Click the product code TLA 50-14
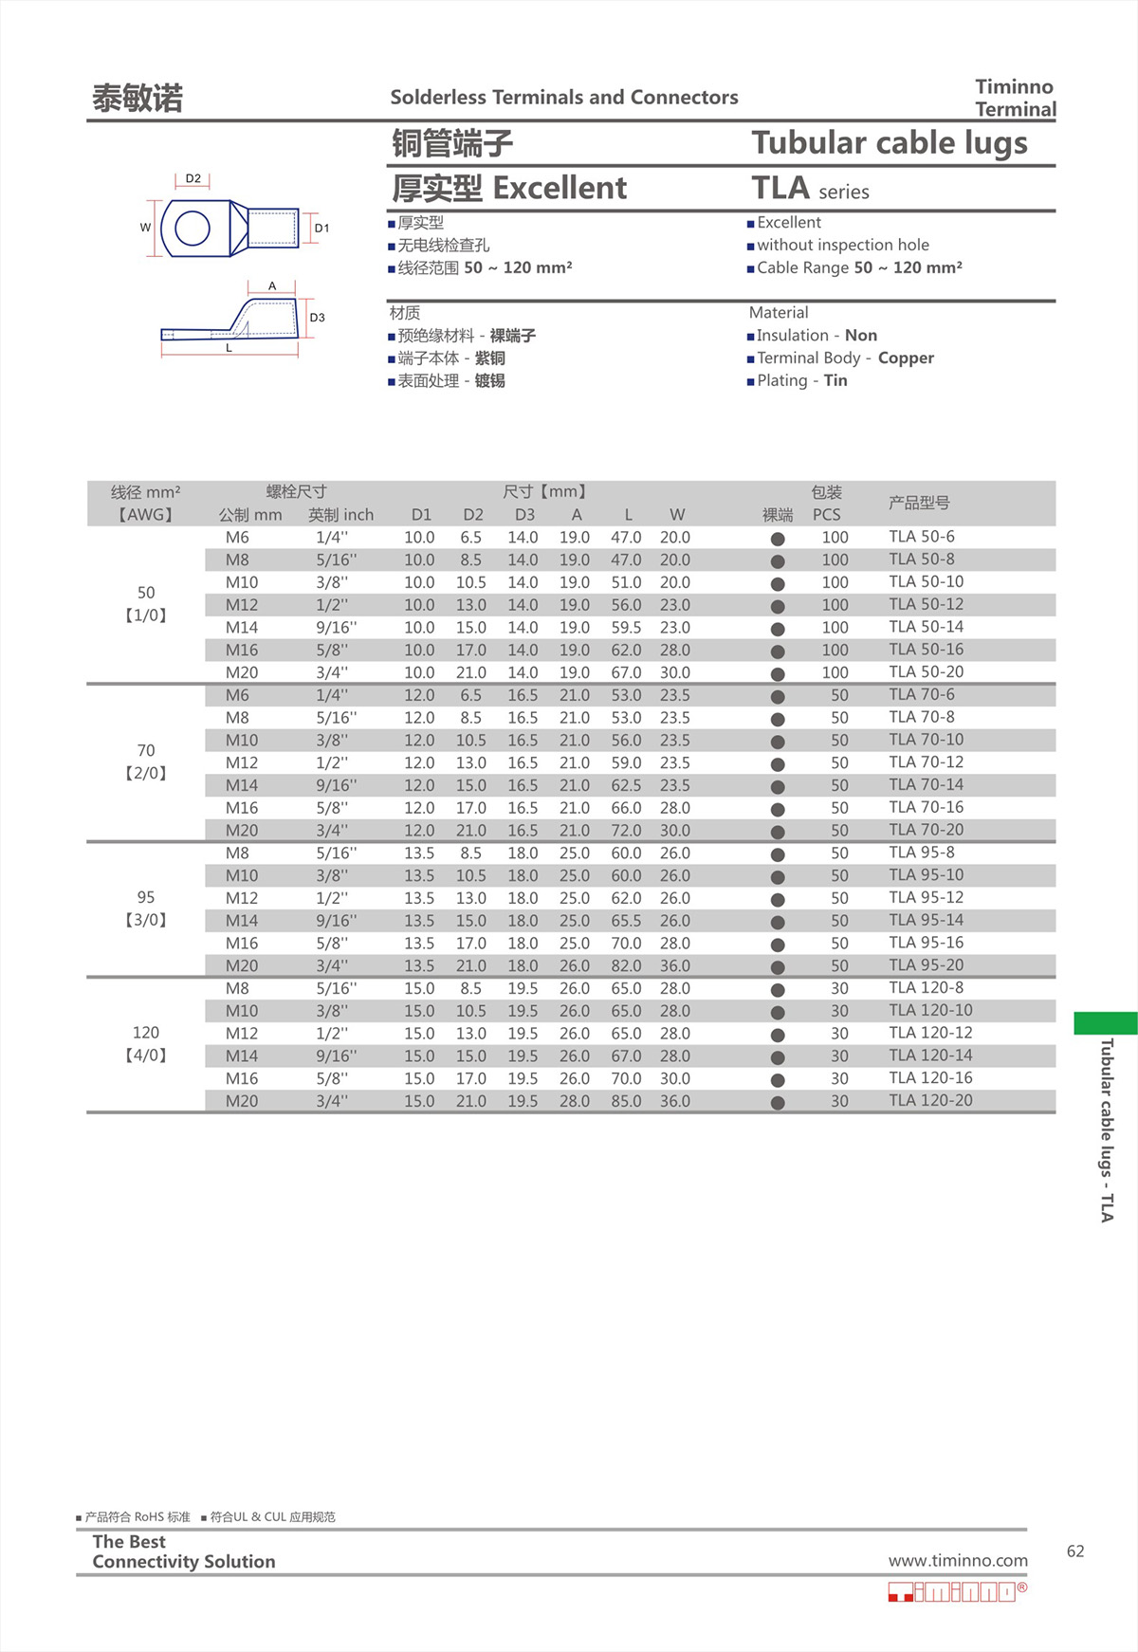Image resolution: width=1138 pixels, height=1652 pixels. [x=926, y=627]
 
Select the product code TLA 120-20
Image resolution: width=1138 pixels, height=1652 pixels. [x=930, y=1100]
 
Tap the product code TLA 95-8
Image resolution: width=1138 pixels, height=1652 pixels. [x=922, y=853]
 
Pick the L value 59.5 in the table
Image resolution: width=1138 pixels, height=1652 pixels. [x=626, y=628]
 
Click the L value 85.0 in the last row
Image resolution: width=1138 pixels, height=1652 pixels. [x=626, y=1101]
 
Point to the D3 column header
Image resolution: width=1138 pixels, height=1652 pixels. [x=524, y=515]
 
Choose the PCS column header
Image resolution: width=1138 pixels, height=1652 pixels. [x=826, y=515]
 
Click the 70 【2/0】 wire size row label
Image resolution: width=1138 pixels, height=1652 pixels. [x=146, y=762]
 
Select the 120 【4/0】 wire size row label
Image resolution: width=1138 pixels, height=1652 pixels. [x=146, y=1043]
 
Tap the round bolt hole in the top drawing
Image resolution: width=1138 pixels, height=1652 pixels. [x=193, y=229]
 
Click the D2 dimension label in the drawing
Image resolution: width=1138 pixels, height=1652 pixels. [x=193, y=178]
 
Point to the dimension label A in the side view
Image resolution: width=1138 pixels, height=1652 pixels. [x=272, y=285]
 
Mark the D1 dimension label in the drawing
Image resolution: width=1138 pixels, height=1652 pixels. [x=322, y=229]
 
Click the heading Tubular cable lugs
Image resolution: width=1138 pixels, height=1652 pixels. [x=889, y=143]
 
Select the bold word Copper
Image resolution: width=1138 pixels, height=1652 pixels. [x=906, y=358]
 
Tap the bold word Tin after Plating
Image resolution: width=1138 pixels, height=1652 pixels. [x=835, y=381]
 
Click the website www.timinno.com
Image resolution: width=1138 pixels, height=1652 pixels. [x=958, y=1561]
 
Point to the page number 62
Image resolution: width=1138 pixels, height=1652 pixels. [x=1075, y=1551]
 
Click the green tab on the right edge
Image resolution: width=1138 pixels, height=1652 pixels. [x=1105, y=1023]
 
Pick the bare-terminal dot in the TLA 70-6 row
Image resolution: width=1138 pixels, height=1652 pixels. [x=778, y=696]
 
